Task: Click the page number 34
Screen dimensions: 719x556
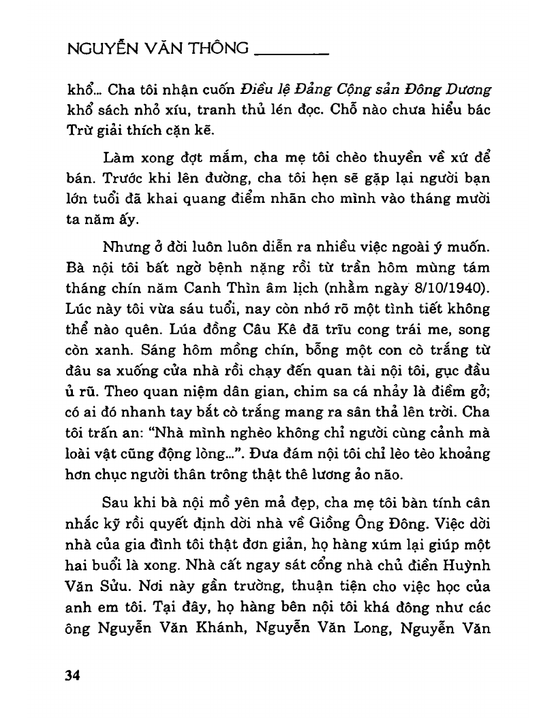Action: (x=72, y=675)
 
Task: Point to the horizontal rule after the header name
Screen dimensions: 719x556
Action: (x=291, y=52)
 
